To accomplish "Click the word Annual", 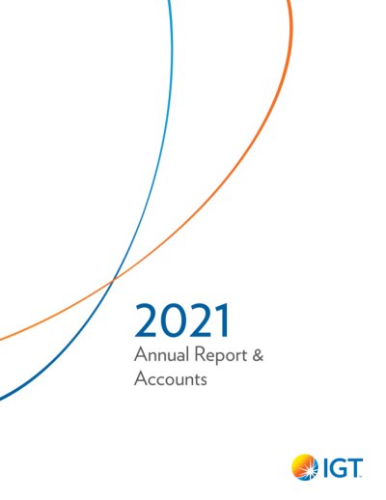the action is (161, 354).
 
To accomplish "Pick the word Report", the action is (221, 356).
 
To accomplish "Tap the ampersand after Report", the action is (258, 355).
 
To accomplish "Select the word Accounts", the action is (171, 378).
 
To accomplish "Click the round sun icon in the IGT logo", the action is (304, 467).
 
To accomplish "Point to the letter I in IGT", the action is (322, 468).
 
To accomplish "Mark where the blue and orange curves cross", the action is (113, 281).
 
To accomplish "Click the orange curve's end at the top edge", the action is (289, 1).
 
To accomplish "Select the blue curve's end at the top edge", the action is (169, 1).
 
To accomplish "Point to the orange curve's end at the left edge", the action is (1, 339).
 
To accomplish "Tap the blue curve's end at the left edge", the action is (1, 398).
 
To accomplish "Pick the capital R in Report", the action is (200, 354).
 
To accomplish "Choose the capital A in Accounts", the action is (141, 378).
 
